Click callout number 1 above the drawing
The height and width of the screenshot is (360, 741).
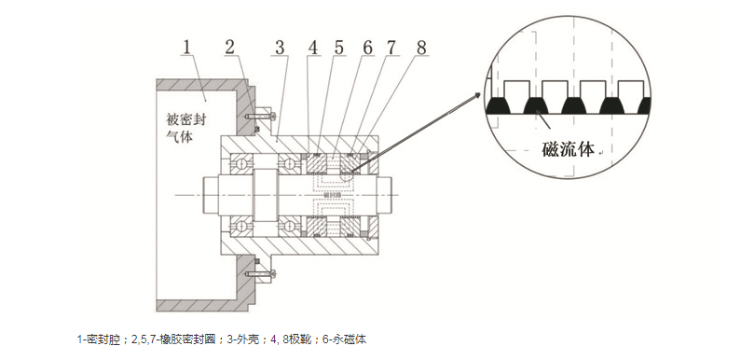[187, 48]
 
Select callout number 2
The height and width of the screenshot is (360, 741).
[230, 48]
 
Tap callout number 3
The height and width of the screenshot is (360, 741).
[280, 48]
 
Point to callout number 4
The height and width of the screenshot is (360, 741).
[313, 48]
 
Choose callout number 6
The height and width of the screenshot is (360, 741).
[367, 48]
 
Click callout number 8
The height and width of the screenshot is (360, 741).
[421, 48]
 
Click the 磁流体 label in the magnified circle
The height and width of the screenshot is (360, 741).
[567, 149]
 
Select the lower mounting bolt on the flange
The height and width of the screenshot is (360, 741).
[260, 274]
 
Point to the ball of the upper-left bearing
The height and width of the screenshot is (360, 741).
[240, 164]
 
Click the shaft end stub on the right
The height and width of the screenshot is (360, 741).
[384, 194]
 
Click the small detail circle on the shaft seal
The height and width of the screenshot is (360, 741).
[347, 174]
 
